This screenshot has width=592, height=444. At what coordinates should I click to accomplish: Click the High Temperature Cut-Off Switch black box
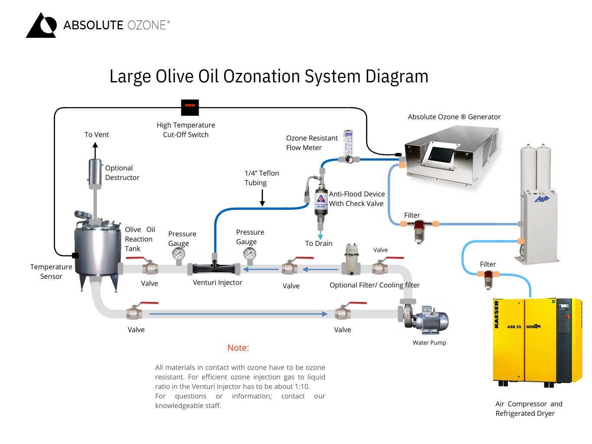tap(190, 107)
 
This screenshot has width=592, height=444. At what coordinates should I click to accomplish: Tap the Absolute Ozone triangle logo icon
tap(41, 26)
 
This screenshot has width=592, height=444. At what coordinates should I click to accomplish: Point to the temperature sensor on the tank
tap(75, 255)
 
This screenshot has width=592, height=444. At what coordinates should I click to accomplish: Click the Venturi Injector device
tap(214, 268)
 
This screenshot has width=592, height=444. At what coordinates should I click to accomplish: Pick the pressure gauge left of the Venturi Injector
tap(179, 254)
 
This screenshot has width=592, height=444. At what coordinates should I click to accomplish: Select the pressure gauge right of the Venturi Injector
tap(250, 254)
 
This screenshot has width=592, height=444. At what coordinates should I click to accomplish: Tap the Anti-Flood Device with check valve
tap(321, 202)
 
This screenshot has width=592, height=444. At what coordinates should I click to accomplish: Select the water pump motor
tap(431, 321)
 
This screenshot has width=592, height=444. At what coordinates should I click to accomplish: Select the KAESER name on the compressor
tap(497, 315)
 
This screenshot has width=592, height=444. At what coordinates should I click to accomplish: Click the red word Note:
tap(238, 348)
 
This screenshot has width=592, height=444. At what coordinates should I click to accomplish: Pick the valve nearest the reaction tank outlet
tap(149, 266)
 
